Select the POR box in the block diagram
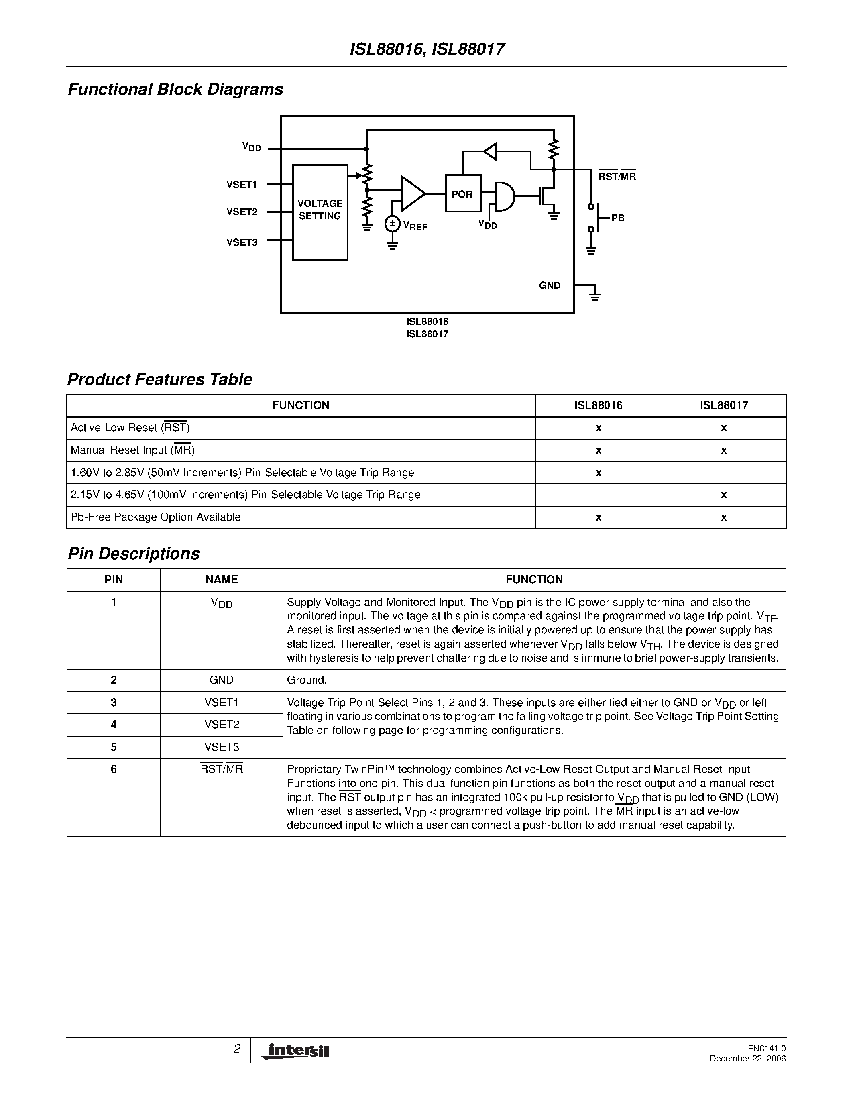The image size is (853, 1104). click(462, 194)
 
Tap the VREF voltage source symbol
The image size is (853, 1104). click(392, 224)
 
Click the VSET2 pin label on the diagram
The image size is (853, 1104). click(242, 212)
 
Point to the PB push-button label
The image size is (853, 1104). click(617, 218)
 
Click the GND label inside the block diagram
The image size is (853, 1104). click(549, 285)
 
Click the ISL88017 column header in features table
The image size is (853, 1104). click(724, 405)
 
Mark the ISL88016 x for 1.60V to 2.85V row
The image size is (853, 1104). click(599, 473)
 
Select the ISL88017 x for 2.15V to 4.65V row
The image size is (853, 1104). click(724, 495)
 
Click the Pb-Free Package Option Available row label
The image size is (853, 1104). click(156, 517)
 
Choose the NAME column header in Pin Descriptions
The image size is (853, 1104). click(221, 579)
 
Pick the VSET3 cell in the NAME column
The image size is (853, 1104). click(221, 747)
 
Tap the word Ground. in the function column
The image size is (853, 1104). click(307, 680)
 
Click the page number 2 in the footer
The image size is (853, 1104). click(236, 1049)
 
